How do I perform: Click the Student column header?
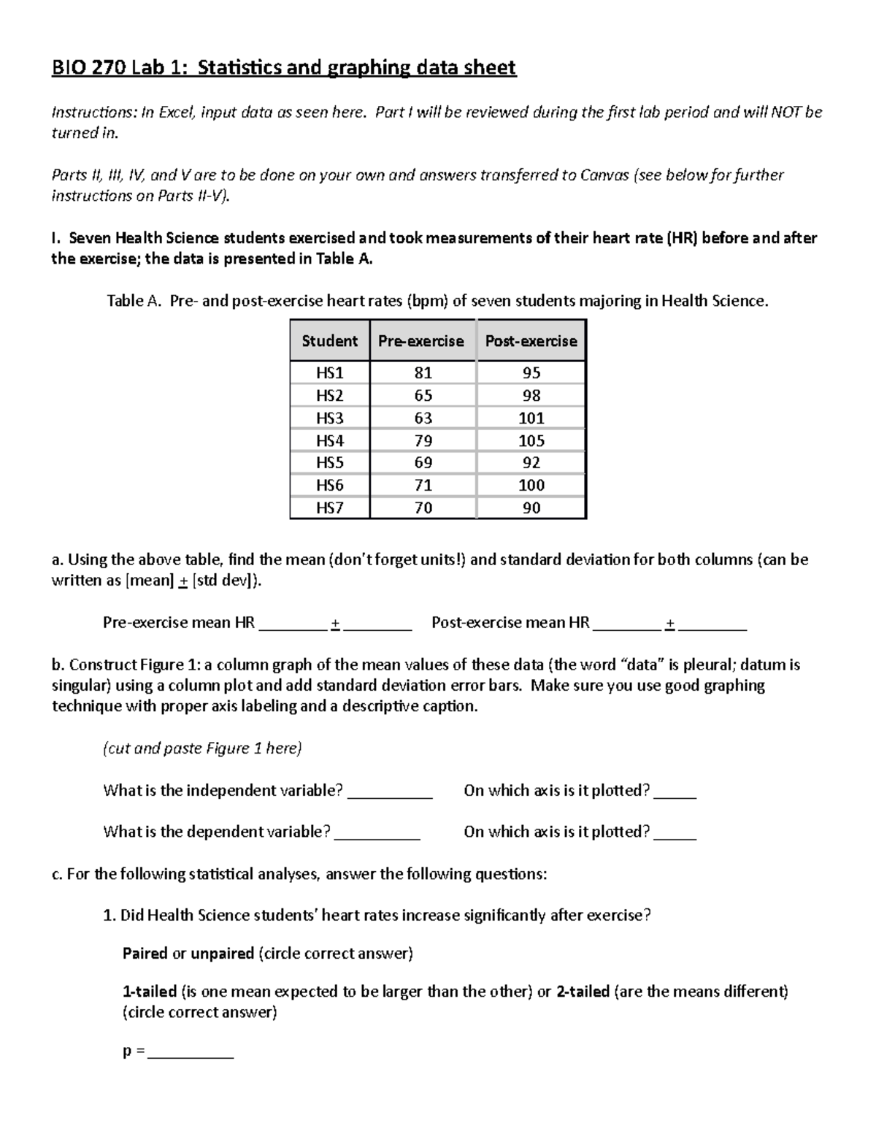[x=329, y=341]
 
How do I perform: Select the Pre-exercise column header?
[x=421, y=341]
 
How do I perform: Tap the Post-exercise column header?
[x=531, y=341]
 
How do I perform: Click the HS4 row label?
[x=329, y=440]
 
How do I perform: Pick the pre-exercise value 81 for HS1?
[x=423, y=373]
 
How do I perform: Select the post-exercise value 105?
[x=531, y=440]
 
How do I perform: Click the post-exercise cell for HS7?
[x=531, y=507]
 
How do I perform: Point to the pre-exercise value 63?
[x=423, y=418]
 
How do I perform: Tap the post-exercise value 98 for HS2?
[x=531, y=395]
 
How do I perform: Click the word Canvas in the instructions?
[x=604, y=175]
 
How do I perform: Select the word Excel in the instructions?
[x=175, y=112]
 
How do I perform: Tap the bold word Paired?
[x=145, y=954]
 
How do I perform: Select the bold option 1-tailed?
[x=150, y=992]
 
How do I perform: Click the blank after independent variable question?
[x=390, y=792]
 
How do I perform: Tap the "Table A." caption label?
[x=134, y=301]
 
